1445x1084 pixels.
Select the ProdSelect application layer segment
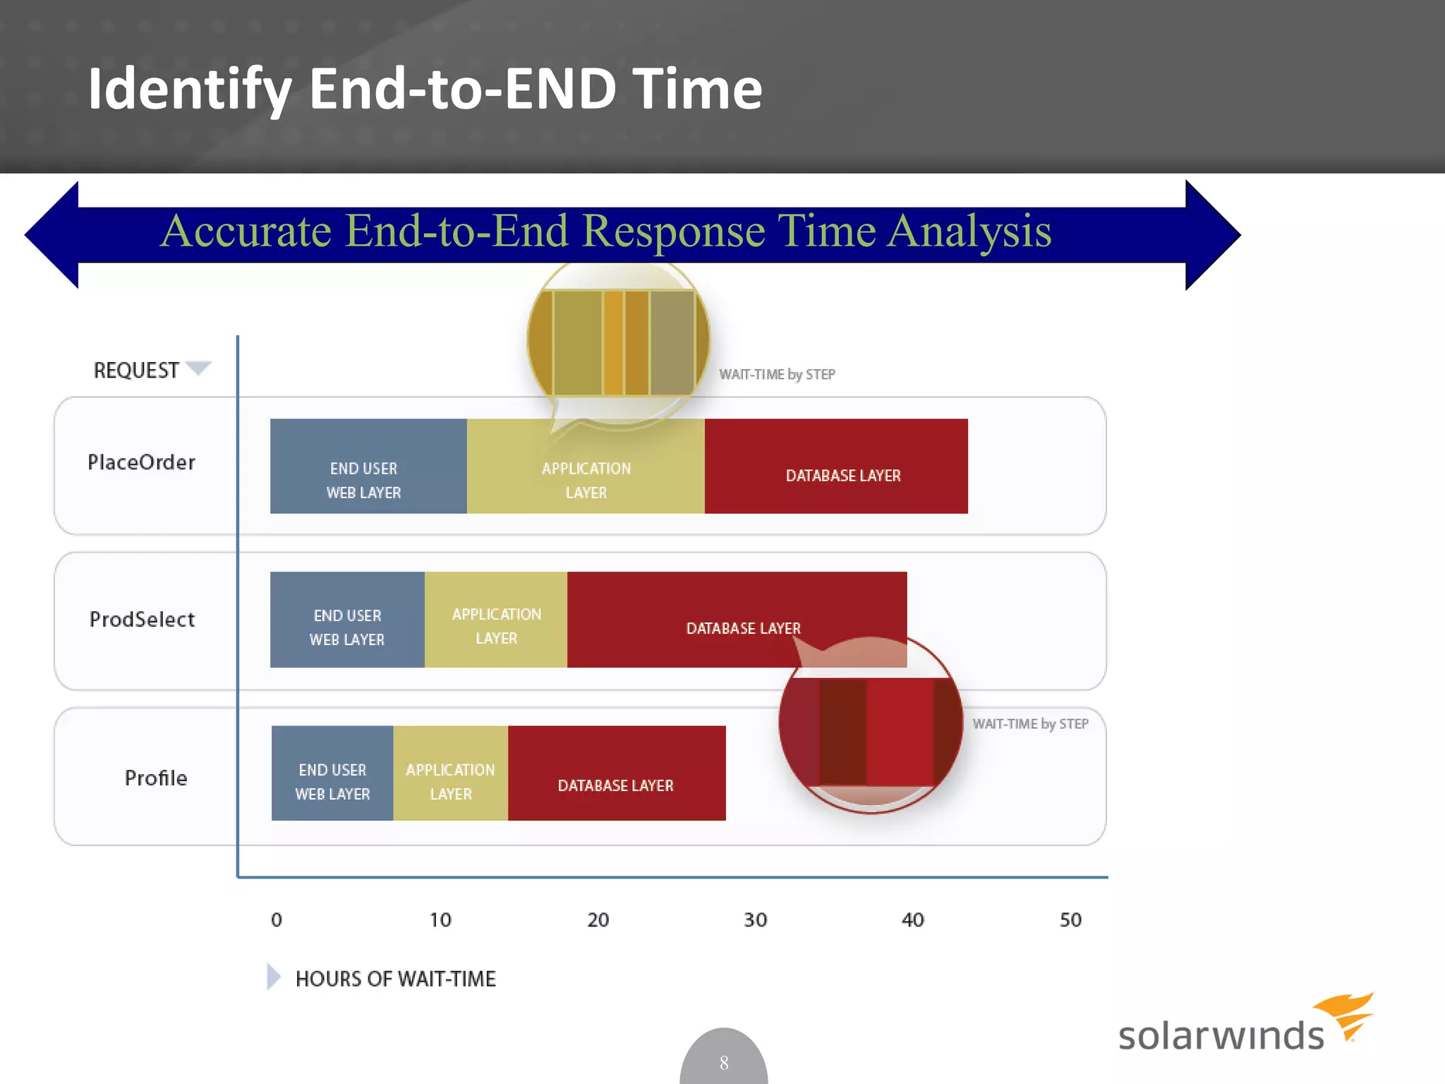click(x=496, y=620)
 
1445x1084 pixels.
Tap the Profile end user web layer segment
click(x=332, y=773)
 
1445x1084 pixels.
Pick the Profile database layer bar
click(x=617, y=773)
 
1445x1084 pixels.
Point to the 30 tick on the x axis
click(x=755, y=920)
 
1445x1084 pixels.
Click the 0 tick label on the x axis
click(x=277, y=920)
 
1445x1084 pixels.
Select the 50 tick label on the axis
click(x=1070, y=920)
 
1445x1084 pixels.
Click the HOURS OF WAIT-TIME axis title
click(x=395, y=979)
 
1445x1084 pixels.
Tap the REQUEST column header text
click(x=136, y=371)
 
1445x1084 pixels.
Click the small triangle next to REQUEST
click(x=198, y=368)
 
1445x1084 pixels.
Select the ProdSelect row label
click(x=142, y=620)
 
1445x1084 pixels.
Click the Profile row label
click(x=156, y=778)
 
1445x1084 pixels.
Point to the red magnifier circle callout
click(x=871, y=727)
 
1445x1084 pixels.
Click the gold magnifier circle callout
click(x=618, y=342)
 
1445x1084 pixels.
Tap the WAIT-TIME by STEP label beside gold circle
click(x=777, y=375)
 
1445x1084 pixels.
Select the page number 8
click(x=724, y=1063)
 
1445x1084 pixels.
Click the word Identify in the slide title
click(x=189, y=89)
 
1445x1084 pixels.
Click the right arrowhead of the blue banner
click(x=1212, y=235)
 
